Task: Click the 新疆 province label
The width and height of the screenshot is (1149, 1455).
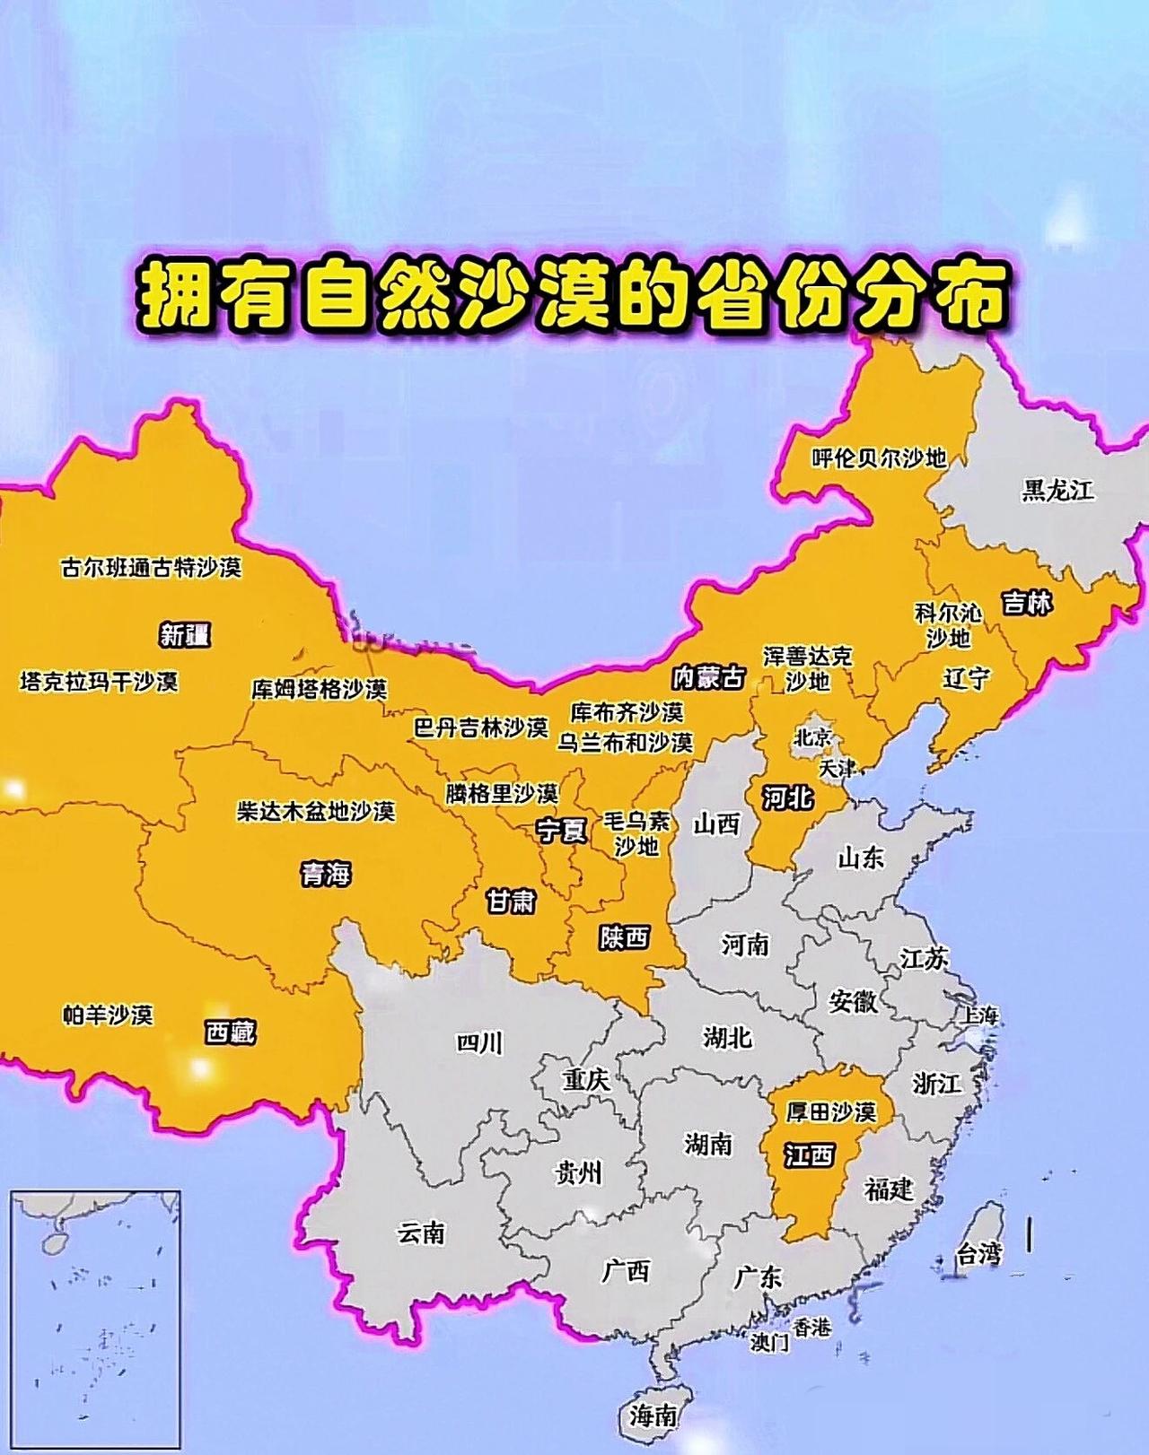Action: click(x=185, y=635)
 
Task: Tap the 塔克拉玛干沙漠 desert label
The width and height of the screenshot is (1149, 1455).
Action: click(x=99, y=682)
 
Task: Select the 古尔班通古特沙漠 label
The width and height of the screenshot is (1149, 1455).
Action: click(x=151, y=568)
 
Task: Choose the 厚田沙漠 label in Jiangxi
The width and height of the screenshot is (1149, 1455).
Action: click(x=830, y=1112)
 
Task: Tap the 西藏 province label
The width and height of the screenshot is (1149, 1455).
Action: click(x=230, y=1032)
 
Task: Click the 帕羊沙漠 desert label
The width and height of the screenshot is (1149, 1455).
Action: click(x=108, y=1015)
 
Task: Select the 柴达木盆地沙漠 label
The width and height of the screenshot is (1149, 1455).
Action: click(x=315, y=811)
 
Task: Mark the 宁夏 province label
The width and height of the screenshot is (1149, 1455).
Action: click(x=562, y=831)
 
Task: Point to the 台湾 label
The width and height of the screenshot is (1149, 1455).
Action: click(x=978, y=1254)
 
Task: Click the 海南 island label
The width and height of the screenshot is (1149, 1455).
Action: click(x=653, y=1416)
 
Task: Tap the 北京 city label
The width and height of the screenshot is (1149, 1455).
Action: click(x=813, y=738)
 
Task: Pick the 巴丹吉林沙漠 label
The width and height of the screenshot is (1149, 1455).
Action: click(x=480, y=727)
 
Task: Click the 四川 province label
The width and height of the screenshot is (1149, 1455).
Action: click(x=479, y=1042)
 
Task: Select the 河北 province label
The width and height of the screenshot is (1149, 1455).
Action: click(x=787, y=797)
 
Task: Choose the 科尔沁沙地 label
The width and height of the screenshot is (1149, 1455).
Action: click(x=949, y=625)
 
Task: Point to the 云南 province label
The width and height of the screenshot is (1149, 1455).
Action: click(x=421, y=1233)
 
